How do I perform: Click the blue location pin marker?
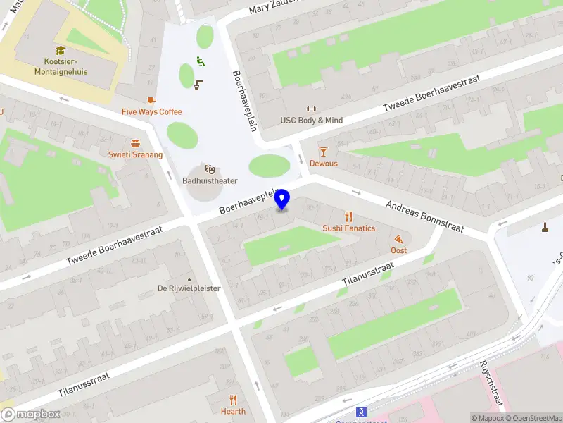(x=282, y=199)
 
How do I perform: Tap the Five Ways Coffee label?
(x=151, y=111)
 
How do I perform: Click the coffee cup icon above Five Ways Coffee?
(x=151, y=100)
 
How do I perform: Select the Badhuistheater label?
(x=210, y=180)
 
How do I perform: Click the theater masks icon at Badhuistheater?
(x=210, y=168)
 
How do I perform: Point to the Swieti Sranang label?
(x=135, y=154)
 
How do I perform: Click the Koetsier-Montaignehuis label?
(x=61, y=66)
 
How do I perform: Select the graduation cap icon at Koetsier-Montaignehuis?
(x=61, y=51)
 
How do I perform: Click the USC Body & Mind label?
(x=312, y=121)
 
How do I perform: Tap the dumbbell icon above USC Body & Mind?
(x=312, y=109)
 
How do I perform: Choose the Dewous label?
(x=324, y=164)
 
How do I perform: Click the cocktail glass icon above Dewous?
(x=324, y=152)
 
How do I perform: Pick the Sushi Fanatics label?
(x=348, y=228)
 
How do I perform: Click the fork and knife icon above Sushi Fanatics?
(x=348, y=216)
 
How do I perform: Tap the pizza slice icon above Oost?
(x=399, y=239)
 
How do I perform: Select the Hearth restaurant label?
(x=233, y=411)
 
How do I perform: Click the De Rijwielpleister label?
(x=189, y=288)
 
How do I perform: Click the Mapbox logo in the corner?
(x=30, y=415)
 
